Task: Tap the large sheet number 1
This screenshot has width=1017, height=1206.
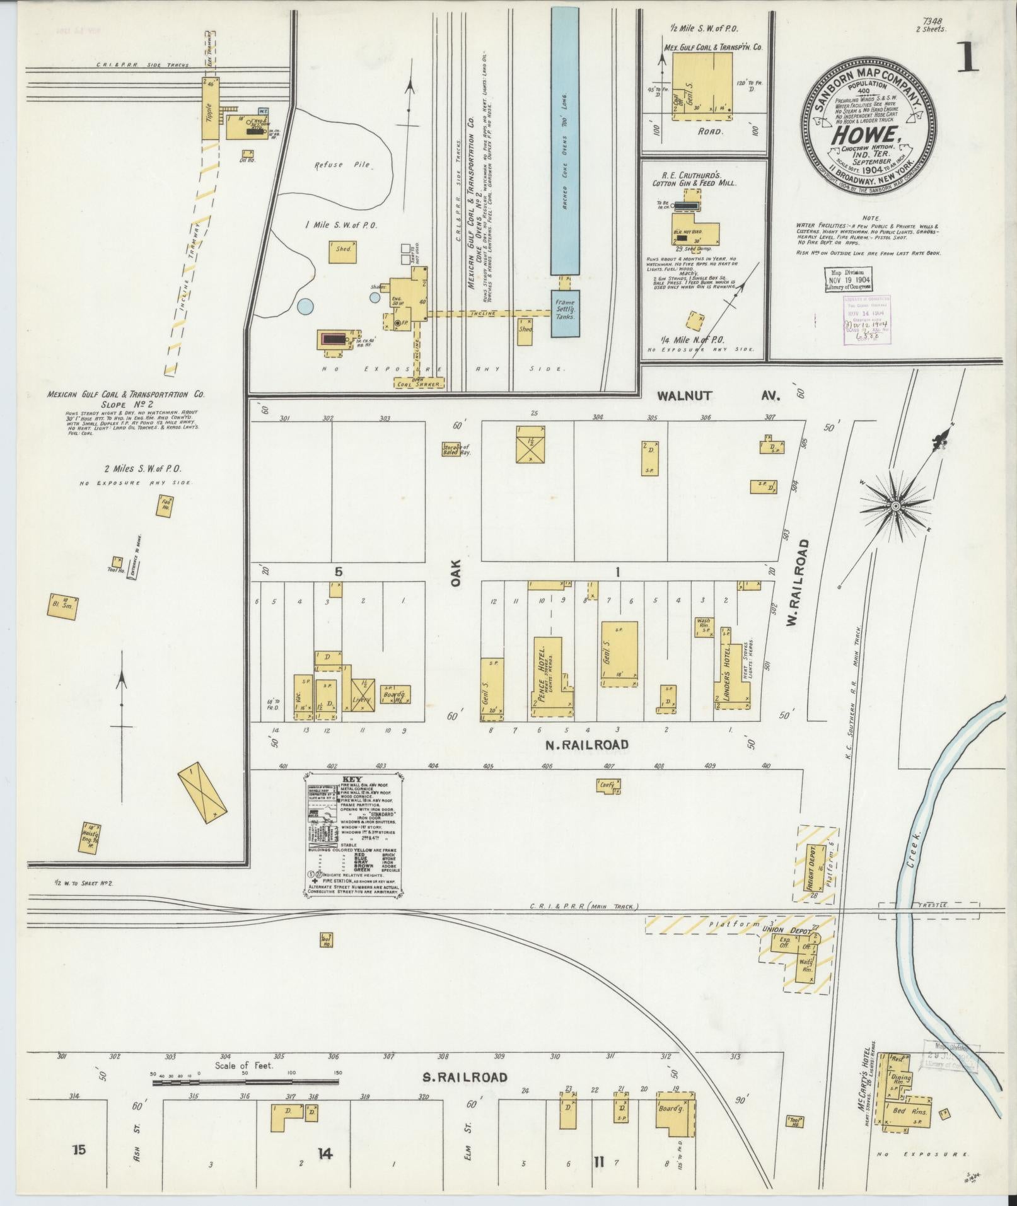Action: (967, 58)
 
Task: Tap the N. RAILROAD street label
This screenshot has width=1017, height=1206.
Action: (586, 745)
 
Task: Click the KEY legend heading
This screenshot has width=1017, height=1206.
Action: (352, 779)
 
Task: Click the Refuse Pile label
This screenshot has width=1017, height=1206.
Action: (342, 165)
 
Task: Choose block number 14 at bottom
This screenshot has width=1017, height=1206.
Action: (324, 1154)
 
